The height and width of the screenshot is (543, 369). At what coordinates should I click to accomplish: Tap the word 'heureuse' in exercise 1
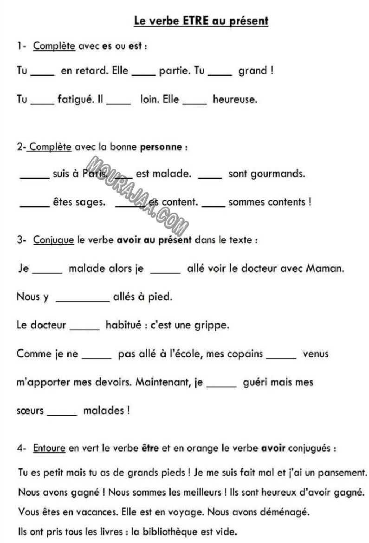pyautogui.click(x=234, y=99)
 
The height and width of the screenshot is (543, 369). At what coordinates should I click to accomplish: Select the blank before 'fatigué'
pyautogui.click(x=42, y=102)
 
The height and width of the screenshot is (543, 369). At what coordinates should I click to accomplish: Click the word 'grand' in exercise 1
pyautogui.click(x=252, y=71)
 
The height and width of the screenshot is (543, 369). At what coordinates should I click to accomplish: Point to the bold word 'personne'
pyautogui.click(x=161, y=147)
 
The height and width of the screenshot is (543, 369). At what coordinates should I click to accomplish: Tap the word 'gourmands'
pyautogui.click(x=278, y=174)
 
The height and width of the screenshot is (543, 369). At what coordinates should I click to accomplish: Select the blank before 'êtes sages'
pyautogui.click(x=35, y=205)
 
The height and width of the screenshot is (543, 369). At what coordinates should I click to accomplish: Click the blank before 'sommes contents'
pyautogui.click(x=214, y=205)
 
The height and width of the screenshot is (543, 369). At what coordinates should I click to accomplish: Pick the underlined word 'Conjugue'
pyautogui.click(x=53, y=240)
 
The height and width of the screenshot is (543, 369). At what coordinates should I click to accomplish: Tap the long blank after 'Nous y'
pyautogui.click(x=82, y=300)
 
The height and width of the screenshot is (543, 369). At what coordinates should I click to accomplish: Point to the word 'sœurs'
pyautogui.click(x=30, y=411)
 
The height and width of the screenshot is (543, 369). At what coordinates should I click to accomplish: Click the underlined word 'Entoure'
pyautogui.click(x=49, y=449)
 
